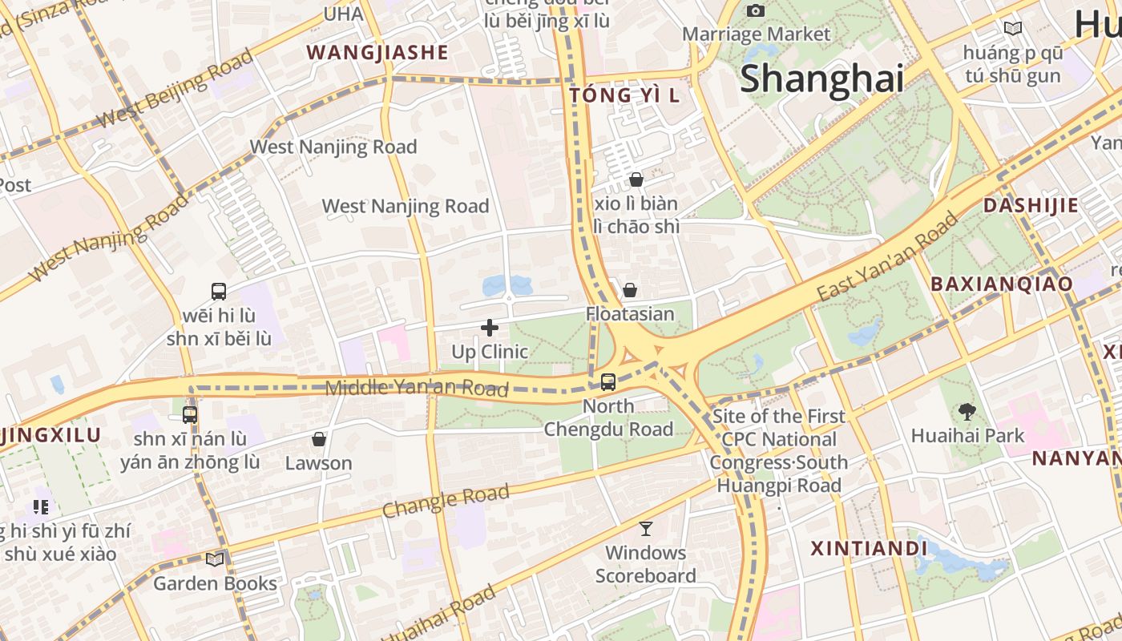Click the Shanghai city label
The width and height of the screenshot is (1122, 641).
coord(821,79)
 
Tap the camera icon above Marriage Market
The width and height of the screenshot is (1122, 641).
coord(755,10)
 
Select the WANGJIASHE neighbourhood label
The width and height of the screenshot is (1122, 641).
coord(377,53)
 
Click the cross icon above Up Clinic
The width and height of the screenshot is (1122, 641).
coord(490,328)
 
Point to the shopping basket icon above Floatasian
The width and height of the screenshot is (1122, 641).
coord(630,290)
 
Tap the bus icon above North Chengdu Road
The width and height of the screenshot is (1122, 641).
coord(608,382)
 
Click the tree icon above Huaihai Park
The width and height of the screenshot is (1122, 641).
coord(967,412)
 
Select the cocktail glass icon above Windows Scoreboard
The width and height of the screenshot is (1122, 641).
coord(646,529)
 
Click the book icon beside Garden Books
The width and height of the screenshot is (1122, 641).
coord(215,559)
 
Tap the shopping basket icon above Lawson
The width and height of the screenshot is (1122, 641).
coord(319,439)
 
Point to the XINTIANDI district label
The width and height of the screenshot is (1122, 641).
coord(869,549)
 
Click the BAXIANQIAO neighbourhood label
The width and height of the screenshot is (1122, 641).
coord(1001,284)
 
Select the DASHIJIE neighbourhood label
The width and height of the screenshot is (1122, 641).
coord(1031,205)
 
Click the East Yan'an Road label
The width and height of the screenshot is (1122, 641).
coord(887,257)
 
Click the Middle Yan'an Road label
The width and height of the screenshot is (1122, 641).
coord(417,389)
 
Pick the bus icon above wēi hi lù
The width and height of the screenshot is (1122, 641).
coord(219,292)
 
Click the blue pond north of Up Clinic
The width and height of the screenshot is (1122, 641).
coord(507,284)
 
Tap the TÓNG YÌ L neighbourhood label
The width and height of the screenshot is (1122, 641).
coord(624,95)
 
